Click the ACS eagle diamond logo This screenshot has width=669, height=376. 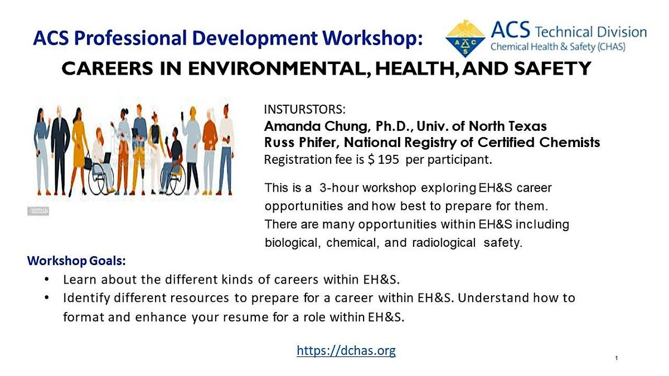(x=466, y=38)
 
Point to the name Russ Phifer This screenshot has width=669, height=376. (x=295, y=143)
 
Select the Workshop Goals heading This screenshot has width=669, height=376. (x=76, y=260)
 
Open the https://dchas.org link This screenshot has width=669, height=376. (x=346, y=350)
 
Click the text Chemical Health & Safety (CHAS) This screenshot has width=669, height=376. (x=557, y=47)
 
